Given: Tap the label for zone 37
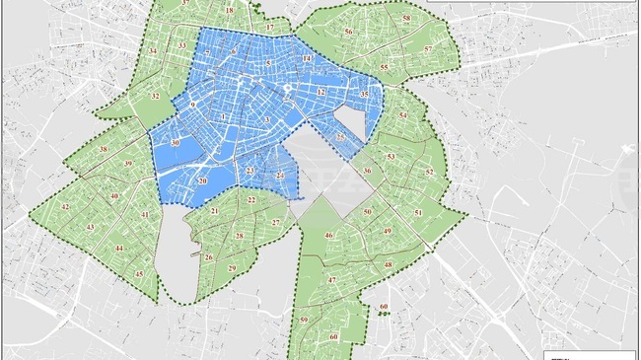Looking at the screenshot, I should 186,4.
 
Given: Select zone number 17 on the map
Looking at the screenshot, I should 269,28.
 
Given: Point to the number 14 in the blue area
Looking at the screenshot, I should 308,59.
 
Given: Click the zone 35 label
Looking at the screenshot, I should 365,95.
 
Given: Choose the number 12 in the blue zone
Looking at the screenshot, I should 321,92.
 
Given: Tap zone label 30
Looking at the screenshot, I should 175,143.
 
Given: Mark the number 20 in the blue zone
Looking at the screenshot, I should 202,181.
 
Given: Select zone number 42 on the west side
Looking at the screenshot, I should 65,206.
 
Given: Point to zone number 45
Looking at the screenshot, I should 139,273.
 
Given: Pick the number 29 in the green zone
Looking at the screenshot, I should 232,268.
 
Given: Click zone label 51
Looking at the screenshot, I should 418,213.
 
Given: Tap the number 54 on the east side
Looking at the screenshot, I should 402,115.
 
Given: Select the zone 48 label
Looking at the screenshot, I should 388,265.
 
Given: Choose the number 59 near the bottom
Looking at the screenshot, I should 304,321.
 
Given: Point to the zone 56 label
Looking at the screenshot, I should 348,32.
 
